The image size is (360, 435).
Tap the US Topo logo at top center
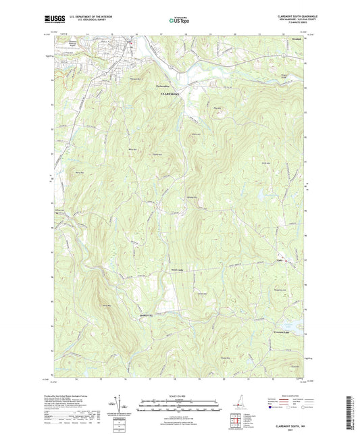tap(178, 22)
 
